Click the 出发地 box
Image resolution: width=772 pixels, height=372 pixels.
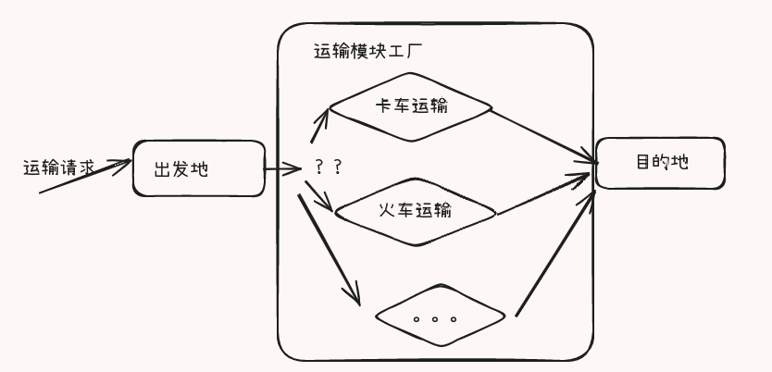(199, 168)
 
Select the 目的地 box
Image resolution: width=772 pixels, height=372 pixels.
(660, 163)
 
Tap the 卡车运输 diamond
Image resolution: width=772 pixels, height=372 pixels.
(411, 106)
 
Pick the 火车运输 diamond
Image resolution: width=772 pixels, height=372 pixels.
(415, 212)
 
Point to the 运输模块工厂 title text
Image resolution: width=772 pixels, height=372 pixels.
(368, 52)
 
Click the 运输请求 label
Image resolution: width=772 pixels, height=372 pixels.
(58, 167)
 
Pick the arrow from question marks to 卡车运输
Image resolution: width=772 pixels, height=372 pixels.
(319, 126)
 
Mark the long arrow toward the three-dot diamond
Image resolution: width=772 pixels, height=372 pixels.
(330, 250)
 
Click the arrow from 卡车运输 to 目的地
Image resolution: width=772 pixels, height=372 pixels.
(542, 135)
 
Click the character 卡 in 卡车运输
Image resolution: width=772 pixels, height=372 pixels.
(383, 105)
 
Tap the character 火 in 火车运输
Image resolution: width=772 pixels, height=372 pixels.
(388, 211)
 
